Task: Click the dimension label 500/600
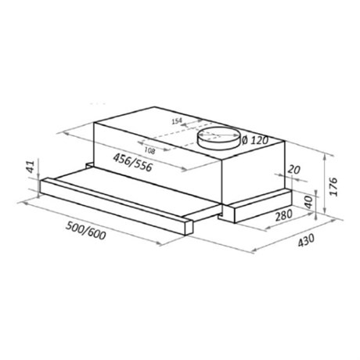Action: coord(85,230)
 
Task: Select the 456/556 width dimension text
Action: coord(132,163)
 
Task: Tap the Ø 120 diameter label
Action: coord(255,141)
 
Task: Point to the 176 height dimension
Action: coord(333,186)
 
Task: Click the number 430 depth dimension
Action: coord(306,240)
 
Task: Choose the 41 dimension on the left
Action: coord(31,167)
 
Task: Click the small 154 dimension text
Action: coord(177,121)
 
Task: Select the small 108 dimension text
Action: coord(149,150)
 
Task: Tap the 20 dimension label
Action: coord(294,170)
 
